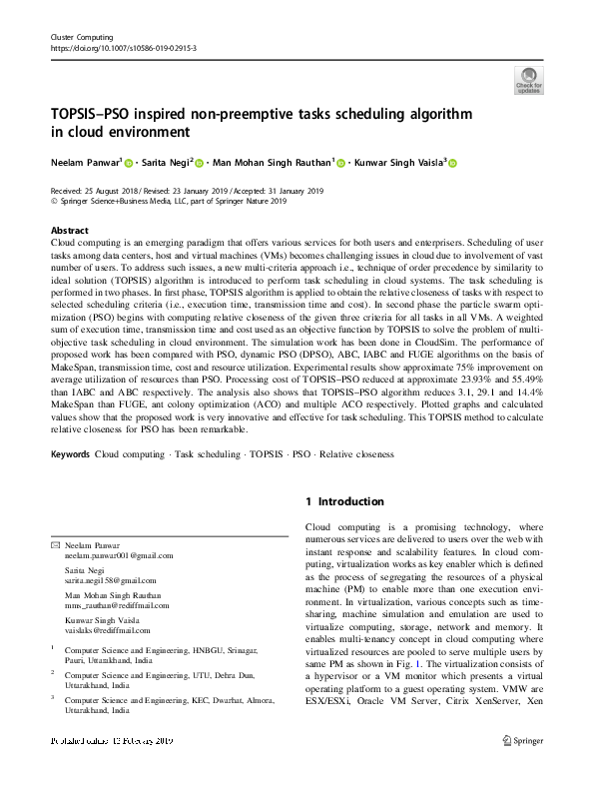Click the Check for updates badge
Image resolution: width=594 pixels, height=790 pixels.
click(x=528, y=80)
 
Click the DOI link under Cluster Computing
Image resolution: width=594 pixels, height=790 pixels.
click(x=123, y=47)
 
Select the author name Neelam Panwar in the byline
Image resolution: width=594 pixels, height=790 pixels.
click(x=85, y=162)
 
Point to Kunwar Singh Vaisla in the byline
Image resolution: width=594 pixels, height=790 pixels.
click(x=400, y=162)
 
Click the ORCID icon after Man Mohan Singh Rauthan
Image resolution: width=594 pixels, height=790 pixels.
click(x=340, y=163)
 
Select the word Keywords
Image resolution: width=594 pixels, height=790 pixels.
click(x=69, y=454)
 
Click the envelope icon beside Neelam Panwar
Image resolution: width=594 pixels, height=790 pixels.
click(x=54, y=545)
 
